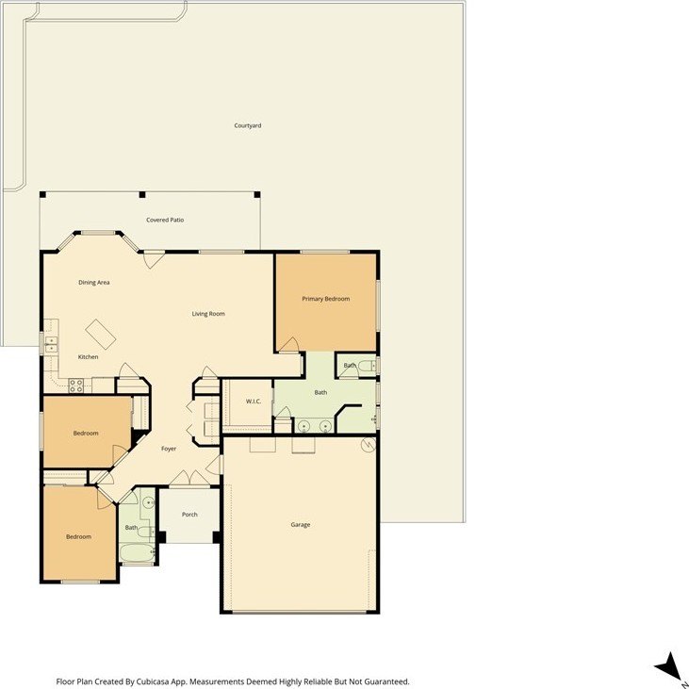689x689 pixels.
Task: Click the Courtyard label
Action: click(247, 125)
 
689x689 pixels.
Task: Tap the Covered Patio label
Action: click(165, 220)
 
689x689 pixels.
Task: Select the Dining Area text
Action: click(94, 282)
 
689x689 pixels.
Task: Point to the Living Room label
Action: click(208, 314)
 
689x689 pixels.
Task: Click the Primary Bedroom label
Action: click(325, 299)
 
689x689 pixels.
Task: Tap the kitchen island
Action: click(101, 334)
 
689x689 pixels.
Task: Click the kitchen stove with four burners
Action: click(75, 386)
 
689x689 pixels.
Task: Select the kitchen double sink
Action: click(52, 345)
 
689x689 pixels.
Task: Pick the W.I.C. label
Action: click(254, 402)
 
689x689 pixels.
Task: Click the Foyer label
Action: click(169, 449)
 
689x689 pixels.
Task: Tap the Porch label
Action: click(189, 514)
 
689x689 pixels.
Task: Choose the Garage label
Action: click(301, 524)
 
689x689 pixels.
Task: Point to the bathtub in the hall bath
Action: click(137, 552)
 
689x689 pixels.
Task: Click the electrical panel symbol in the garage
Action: click(369, 445)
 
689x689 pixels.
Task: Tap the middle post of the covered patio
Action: click(142, 195)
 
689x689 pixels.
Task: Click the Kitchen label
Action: click(88, 357)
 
